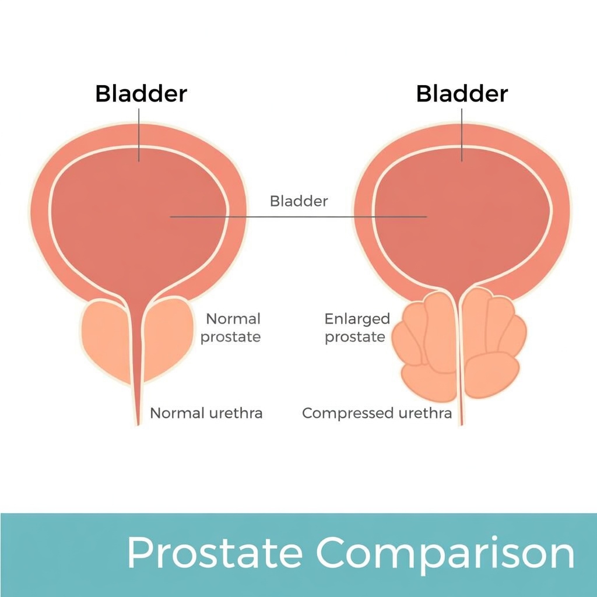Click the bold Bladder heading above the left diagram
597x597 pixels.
point(141,94)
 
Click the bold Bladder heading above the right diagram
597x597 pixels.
point(462,94)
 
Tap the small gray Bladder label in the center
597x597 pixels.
point(298,202)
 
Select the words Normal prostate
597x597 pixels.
point(232,328)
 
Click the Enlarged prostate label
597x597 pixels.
point(356,328)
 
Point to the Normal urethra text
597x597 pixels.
point(206,413)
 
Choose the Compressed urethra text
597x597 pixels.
point(377,413)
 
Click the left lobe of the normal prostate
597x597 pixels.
point(105,338)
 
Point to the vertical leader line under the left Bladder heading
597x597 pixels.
point(139,134)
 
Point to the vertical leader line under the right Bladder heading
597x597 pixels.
point(462,134)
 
